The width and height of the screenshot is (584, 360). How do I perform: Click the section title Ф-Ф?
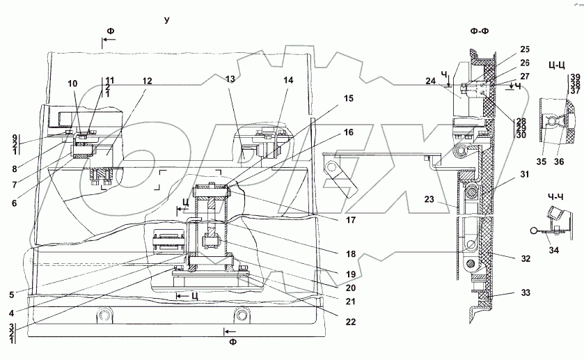tap(480, 31)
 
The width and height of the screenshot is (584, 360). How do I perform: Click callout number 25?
tap(524, 49)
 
